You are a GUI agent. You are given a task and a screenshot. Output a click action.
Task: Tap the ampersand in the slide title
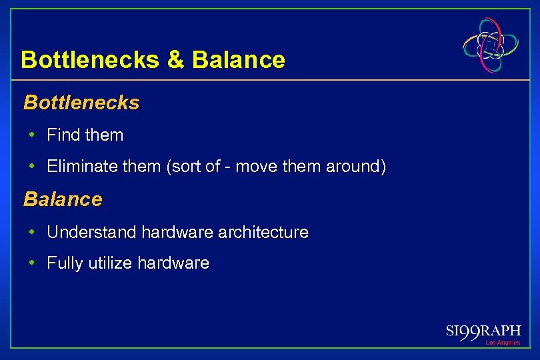175,60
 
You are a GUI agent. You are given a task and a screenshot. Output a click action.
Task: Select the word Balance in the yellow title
238,60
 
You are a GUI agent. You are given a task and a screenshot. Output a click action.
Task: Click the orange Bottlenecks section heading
81,103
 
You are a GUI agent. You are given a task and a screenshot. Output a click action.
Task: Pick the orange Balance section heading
63,199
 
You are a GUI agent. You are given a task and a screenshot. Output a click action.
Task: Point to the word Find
63,135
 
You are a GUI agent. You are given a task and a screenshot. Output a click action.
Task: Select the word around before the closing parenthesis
353,167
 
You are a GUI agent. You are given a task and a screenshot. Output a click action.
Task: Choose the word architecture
269,232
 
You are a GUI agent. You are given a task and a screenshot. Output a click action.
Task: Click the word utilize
110,263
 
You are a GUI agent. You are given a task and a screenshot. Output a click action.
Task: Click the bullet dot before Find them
31,135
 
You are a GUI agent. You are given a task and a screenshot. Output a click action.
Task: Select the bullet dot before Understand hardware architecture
31,232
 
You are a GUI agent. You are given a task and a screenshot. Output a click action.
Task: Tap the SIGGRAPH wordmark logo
483,331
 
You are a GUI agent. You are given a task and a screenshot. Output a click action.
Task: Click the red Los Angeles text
503,343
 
